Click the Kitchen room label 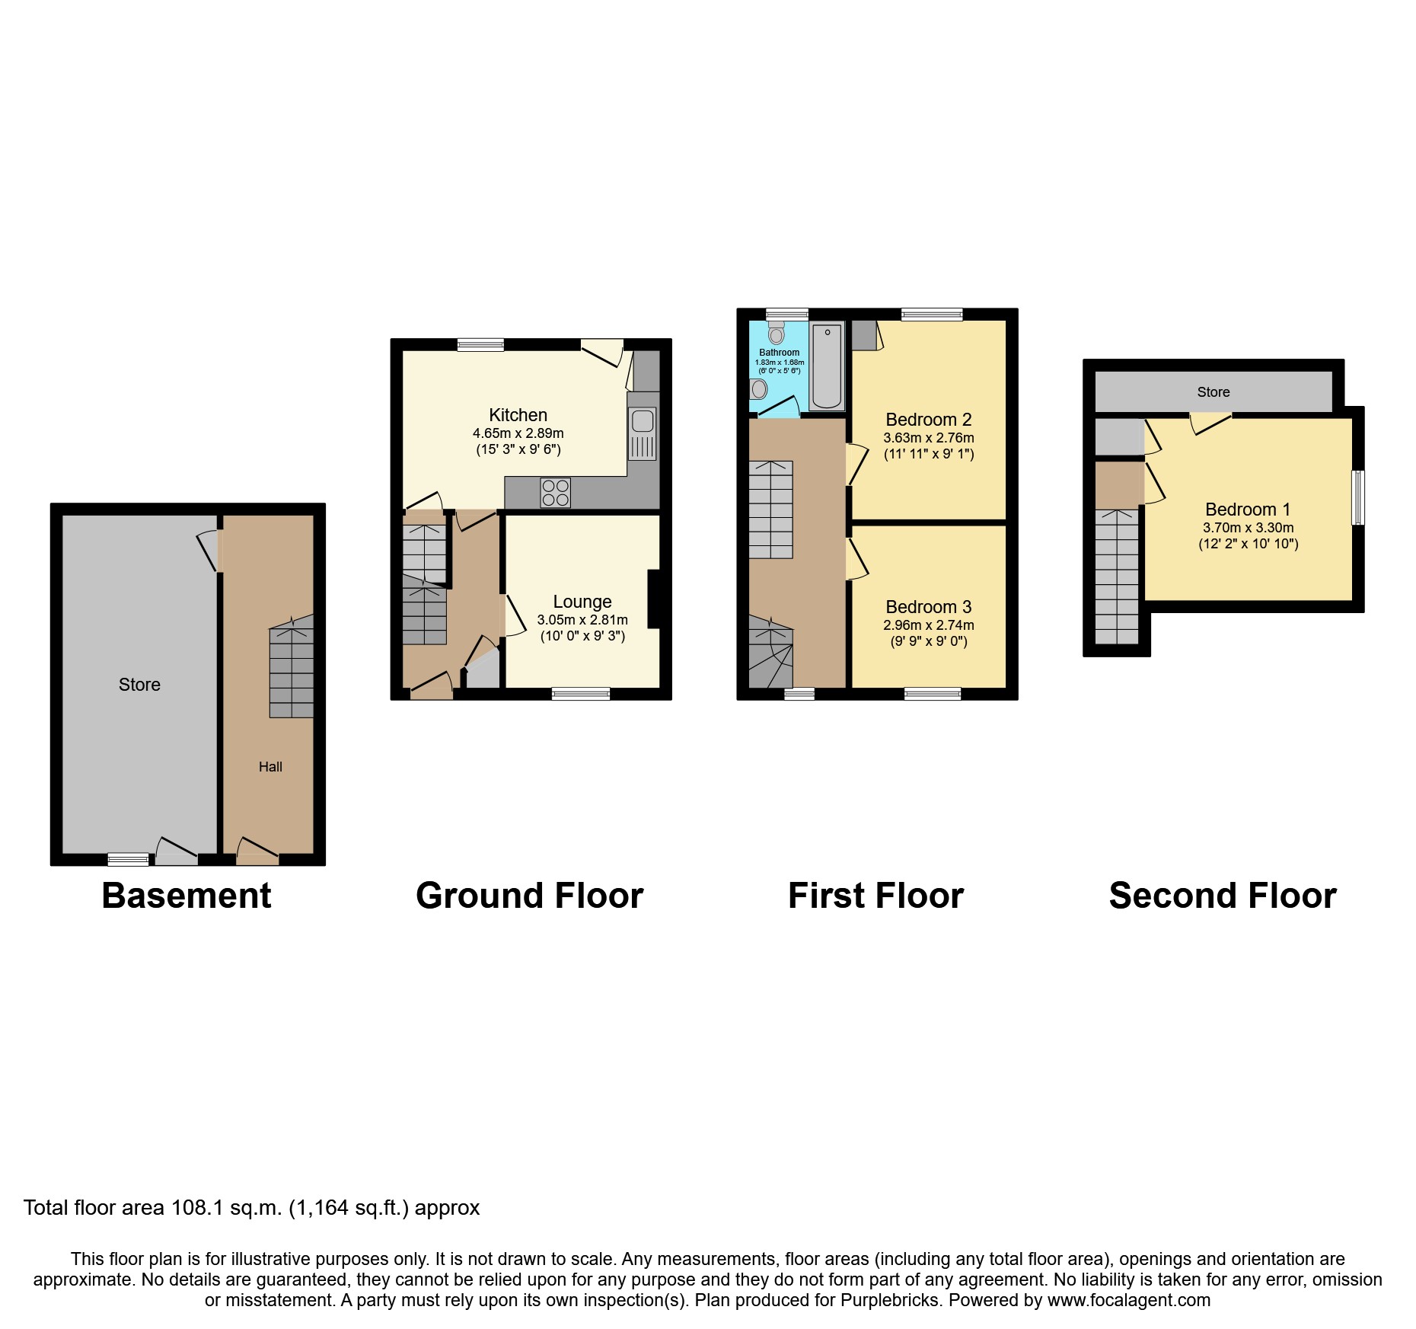pos(518,415)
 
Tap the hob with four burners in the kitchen pos(555,493)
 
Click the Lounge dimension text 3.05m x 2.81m pos(582,620)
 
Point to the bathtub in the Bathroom pos(827,366)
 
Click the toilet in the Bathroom pos(776,333)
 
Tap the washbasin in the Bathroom pos(759,389)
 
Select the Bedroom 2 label pos(928,420)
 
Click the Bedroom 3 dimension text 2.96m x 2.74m pos(928,625)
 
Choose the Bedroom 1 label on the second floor pos(1247,510)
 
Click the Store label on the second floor pos(1213,392)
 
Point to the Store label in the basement pos(139,685)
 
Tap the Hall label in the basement pos(270,767)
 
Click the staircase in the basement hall pos(291,670)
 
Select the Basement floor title pos(187,896)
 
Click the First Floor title pos(875,896)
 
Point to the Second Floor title pos(1222,896)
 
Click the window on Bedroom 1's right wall pos(1357,497)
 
